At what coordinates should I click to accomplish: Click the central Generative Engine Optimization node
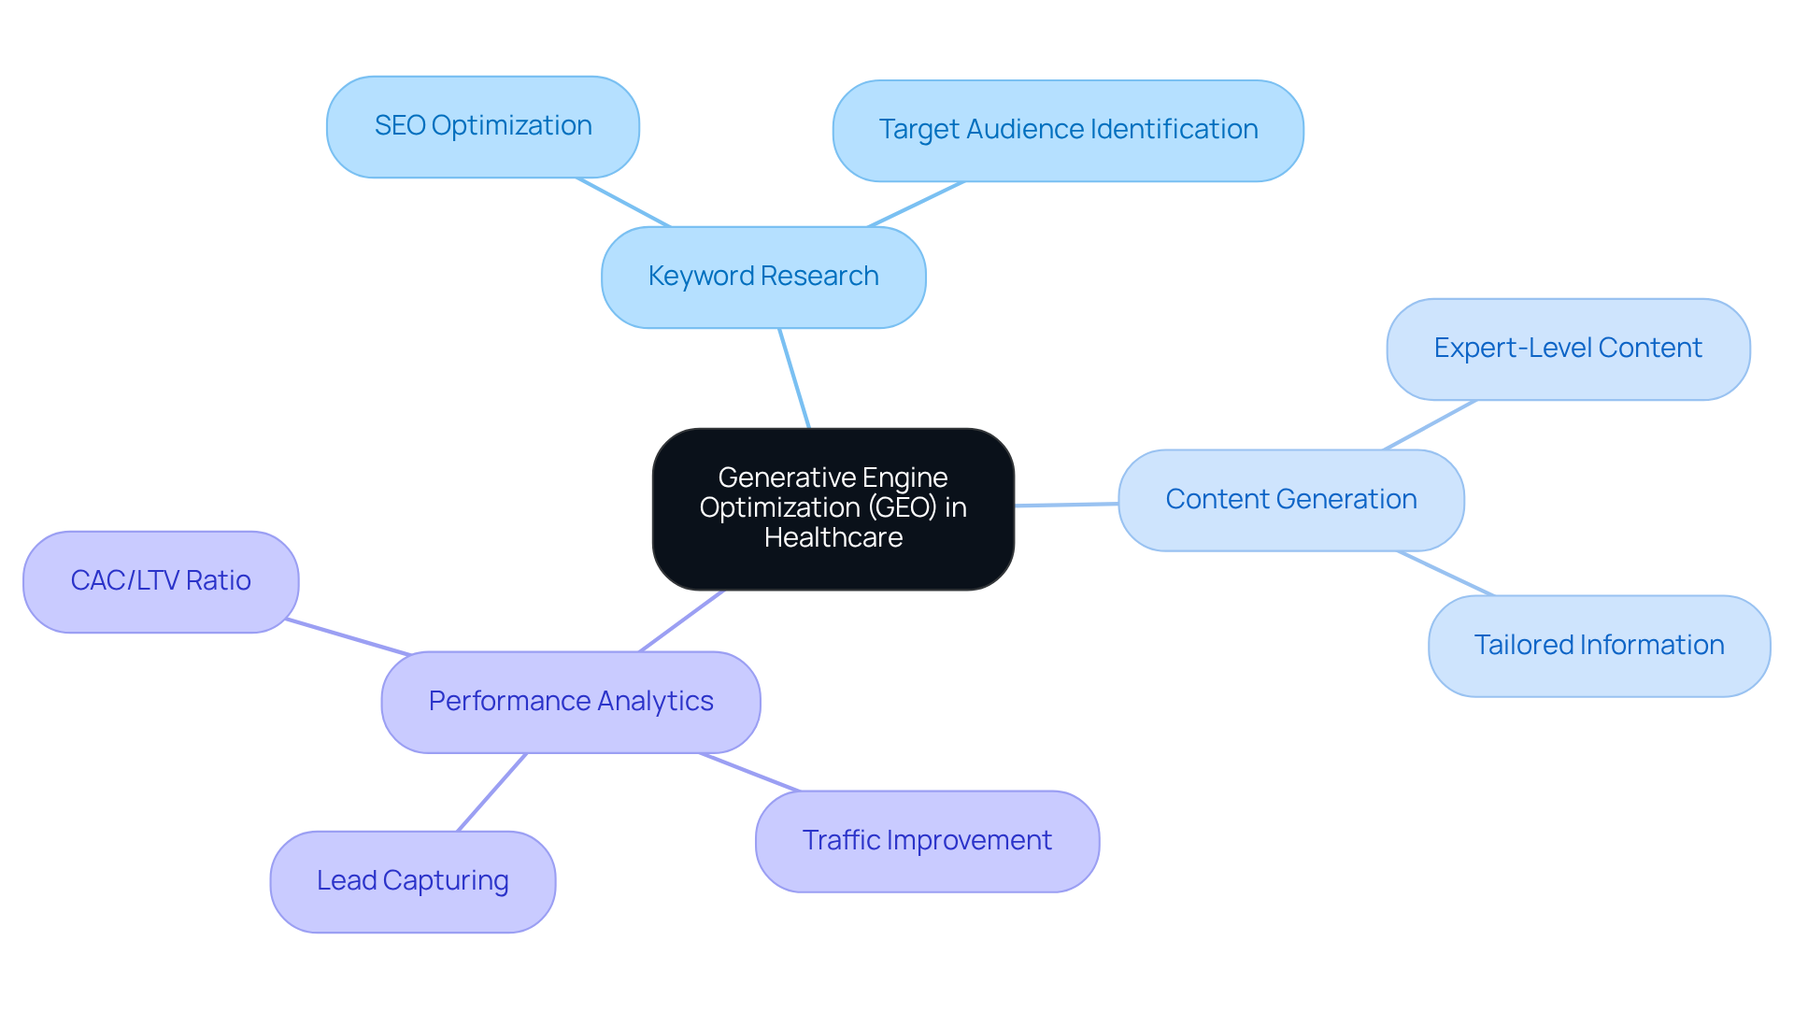[x=833, y=509]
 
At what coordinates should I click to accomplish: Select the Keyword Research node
[x=763, y=277]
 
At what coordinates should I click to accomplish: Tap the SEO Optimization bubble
[x=483, y=126]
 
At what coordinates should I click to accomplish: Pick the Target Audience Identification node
[x=1068, y=130]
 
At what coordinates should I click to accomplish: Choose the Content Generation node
[x=1290, y=500]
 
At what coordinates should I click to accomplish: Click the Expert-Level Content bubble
[x=1568, y=349]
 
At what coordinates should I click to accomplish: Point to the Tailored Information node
[x=1599, y=646]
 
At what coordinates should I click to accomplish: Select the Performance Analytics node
[x=571, y=702]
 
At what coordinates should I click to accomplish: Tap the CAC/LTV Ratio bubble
[x=161, y=581]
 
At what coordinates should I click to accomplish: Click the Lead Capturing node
[x=413, y=881]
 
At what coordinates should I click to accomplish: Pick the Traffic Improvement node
[x=927, y=841]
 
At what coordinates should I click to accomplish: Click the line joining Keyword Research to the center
[x=794, y=378]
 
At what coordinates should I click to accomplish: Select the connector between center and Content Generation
[x=1066, y=505]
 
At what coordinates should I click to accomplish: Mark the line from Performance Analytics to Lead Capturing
[x=492, y=791]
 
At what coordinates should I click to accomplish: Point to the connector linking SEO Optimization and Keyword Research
[x=624, y=202]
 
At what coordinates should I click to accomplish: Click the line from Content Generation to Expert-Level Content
[x=1430, y=425]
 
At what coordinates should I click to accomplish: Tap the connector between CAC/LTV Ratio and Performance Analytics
[x=348, y=636]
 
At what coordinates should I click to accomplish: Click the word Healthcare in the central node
[x=833, y=538]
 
